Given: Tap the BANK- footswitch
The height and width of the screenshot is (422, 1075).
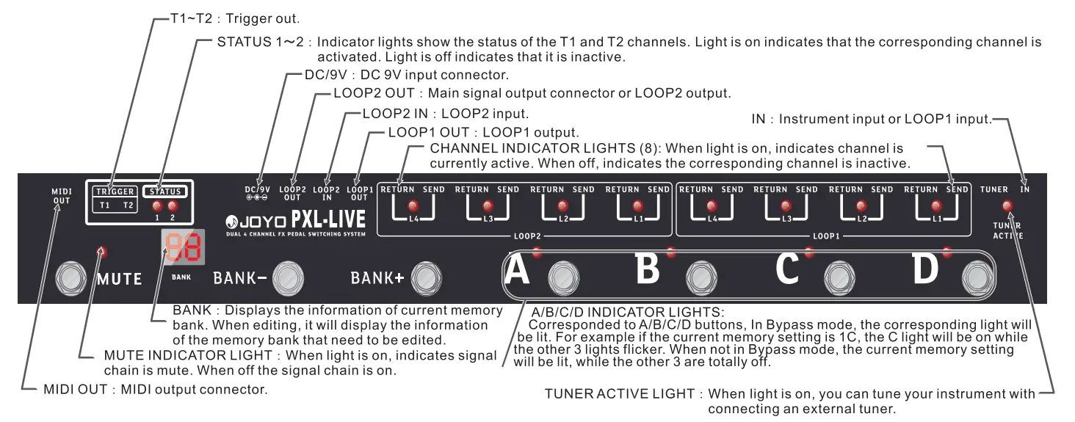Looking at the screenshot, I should click(x=288, y=277).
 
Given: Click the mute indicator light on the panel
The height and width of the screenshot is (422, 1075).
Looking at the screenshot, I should click(x=101, y=252).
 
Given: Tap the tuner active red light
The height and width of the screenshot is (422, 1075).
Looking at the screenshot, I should click(x=1006, y=205).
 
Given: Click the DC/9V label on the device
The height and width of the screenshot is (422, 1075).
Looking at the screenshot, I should click(x=258, y=189).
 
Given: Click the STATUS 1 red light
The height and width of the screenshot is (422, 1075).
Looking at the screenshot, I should click(x=156, y=207).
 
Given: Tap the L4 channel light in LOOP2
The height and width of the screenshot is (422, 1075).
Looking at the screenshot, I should click(x=413, y=205).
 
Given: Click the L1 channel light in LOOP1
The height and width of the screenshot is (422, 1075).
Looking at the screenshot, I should click(x=936, y=205).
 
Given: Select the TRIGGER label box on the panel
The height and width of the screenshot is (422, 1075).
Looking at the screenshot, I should click(x=115, y=192).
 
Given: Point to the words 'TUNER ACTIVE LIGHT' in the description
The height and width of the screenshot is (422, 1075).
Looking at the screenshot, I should click(x=619, y=394).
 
